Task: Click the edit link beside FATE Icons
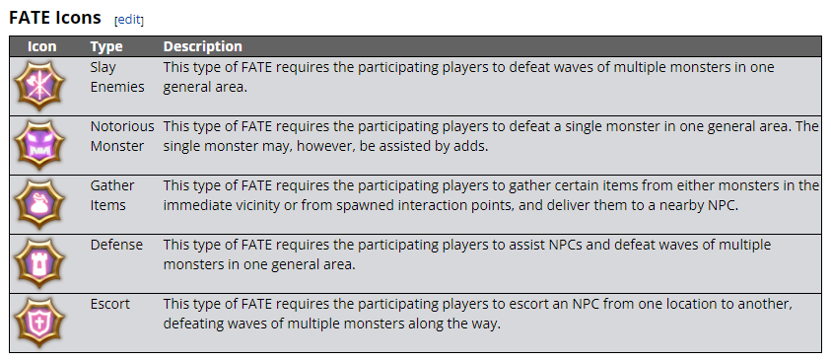pyautogui.click(x=129, y=20)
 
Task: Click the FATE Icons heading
pyautogui.click(x=55, y=18)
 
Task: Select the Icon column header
pyautogui.click(x=41, y=46)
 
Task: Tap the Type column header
pyautogui.click(x=106, y=46)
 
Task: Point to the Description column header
pyautogui.click(x=202, y=46)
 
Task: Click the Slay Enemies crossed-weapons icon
pyautogui.click(x=38, y=86)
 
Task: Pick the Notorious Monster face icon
pyautogui.click(x=38, y=145)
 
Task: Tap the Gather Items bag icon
pyautogui.click(x=38, y=204)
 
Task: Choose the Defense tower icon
pyautogui.click(x=38, y=263)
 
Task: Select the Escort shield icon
pyautogui.click(x=38, y=323)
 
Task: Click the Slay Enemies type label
pyautogui.click(x=117, y=77)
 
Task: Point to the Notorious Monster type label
pyautogui.click(x=122, y=136)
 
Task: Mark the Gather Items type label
pyautogui.click(x=112, y=195)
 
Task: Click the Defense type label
pyautogui.click(x=116, y=245)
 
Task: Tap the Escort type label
pyautogui.click(x=110, y=305)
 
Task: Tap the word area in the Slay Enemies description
pyautogui.click(x=230, y=88)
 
